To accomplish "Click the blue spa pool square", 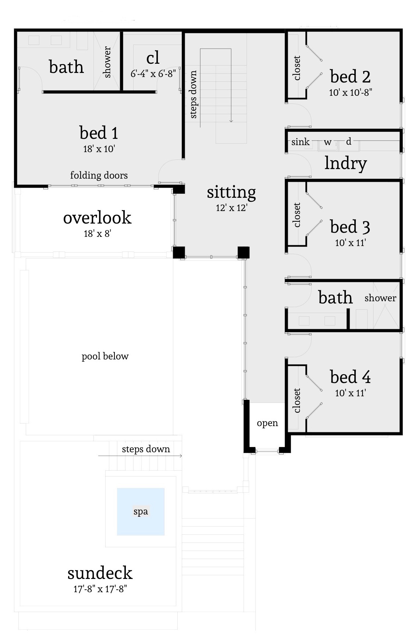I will point(141,512).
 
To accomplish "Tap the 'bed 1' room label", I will point(99,133).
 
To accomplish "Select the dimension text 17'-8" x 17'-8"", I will point(100,589).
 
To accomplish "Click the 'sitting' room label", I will point(231,192).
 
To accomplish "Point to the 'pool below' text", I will point(105,356).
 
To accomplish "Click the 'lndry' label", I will point(346,163).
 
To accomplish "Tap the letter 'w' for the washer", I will point(327,142).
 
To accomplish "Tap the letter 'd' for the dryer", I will point(348,141).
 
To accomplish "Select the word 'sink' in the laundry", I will point(300,142).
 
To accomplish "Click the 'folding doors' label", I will point(99,175).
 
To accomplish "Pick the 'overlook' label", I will point(97,217).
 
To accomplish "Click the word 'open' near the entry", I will point(267,423).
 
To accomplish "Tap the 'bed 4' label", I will point(350,377).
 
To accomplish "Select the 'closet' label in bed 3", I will point(297,215).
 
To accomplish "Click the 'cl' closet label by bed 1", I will point(153,58).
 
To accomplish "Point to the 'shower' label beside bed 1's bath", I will point(107,62).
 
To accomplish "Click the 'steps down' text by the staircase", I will point(193,94).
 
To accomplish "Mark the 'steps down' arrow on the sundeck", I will point(140,456).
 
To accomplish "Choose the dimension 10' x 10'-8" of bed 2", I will point(350,92).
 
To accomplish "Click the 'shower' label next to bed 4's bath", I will point(380,298).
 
